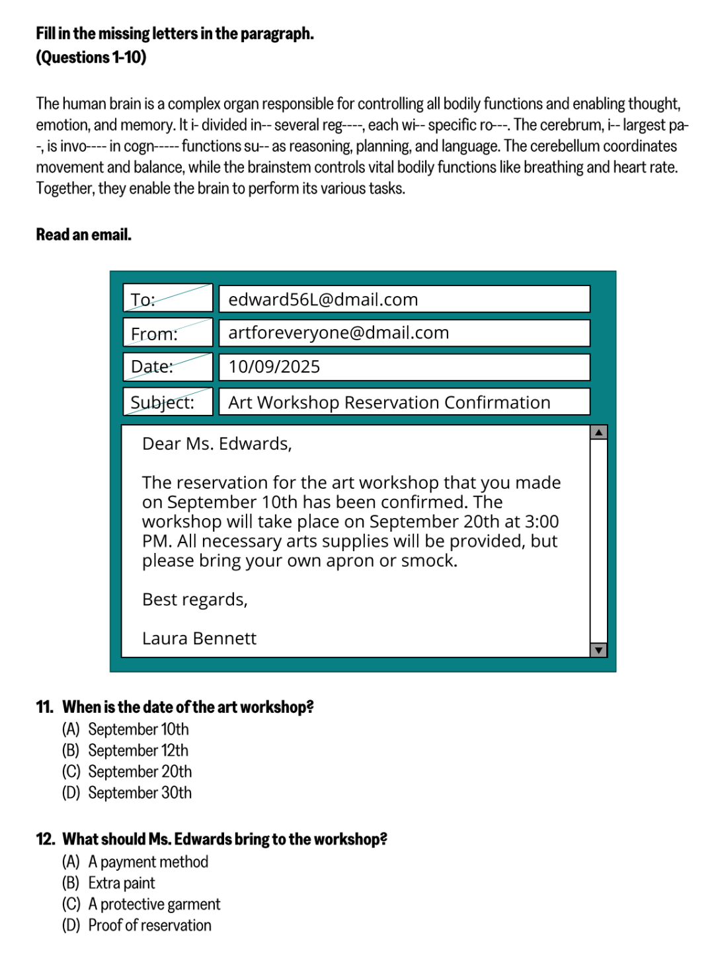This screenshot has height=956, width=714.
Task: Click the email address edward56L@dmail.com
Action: (323, 300)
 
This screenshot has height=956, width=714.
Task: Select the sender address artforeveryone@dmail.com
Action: (338, 333)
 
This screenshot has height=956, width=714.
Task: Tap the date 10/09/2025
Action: (274, 367)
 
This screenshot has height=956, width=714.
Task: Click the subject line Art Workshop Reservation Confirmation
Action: (389, 402)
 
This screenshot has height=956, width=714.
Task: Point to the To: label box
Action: (168, 299)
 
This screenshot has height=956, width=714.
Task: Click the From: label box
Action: (168, 333)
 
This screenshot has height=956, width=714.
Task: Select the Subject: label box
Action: (168, 402)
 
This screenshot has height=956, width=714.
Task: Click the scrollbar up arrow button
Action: (599, 433)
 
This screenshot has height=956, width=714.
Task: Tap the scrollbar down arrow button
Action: (599, 650)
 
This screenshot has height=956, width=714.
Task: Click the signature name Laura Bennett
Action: (199, 639)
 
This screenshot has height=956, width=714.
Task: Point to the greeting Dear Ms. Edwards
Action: (217, 444)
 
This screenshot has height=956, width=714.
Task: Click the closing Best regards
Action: (195, 600)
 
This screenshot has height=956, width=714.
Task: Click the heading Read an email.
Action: (84, 235)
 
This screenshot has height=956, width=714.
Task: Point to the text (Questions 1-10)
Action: (91, 57)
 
